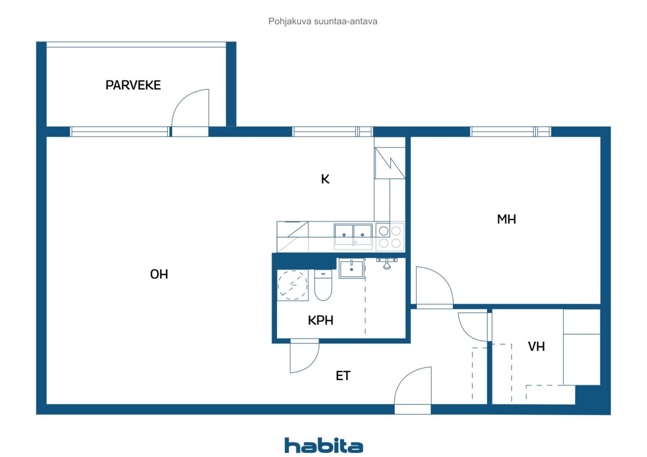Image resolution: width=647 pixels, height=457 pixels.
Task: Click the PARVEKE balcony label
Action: click(133, 85)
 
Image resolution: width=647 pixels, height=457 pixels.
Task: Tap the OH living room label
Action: click(159, 274)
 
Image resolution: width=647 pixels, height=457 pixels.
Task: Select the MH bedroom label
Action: click(506, 219)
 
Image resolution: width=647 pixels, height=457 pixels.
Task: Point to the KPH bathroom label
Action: click(320, 320)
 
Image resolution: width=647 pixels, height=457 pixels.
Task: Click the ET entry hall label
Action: click(343, 376)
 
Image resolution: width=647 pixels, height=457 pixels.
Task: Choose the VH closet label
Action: click(536, 346)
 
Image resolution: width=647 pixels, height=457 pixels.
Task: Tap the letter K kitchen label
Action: click(325, 179)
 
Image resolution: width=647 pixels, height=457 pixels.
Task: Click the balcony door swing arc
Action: click(189, 109)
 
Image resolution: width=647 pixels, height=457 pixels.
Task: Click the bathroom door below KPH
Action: click(304, 357)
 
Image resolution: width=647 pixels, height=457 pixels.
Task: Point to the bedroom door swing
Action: click(434, 286)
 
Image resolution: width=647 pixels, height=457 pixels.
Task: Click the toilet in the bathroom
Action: click(322, 286)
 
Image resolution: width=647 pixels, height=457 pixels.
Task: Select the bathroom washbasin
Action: click(351, 269)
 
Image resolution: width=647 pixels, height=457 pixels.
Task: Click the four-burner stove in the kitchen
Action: click(390, 237)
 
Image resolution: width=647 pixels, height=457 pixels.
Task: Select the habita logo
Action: click(323, 445)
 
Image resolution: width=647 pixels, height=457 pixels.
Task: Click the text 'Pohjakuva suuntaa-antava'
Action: click(323, 22)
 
